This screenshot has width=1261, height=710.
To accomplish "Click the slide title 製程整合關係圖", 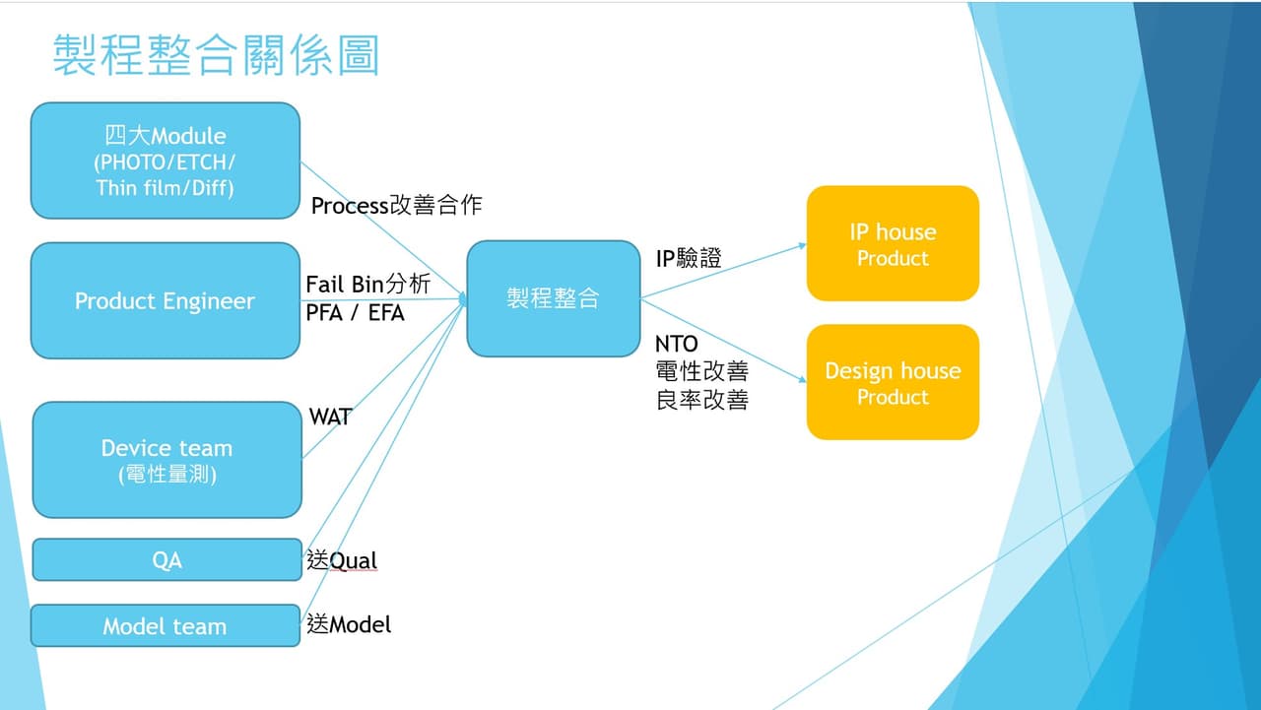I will [216, 55].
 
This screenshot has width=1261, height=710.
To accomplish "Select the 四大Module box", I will [166, 161].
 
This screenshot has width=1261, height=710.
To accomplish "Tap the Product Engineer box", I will [166, 300].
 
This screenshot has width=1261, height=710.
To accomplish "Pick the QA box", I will [166, 560].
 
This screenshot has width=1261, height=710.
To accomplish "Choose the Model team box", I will [165, 626].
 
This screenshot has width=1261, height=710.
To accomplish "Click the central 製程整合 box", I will [553, 298].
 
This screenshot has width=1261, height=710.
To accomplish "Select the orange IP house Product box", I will [893, 243].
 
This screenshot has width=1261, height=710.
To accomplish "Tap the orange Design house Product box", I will [893, 382].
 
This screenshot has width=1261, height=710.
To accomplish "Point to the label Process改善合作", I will [396, 206].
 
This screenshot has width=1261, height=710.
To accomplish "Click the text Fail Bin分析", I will [368, 285].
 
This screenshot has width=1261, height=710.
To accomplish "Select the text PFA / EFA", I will [355, 313].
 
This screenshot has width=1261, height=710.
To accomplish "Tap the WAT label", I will [330, 417].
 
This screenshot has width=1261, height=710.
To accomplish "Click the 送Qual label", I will [342, 561].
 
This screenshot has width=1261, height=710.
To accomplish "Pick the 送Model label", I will [349, 624].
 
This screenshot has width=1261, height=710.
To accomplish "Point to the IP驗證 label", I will [689, 259].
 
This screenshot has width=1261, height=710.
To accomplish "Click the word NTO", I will [676, 344].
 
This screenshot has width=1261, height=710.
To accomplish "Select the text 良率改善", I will [701, 400].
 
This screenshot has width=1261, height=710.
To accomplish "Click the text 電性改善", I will [701, 372].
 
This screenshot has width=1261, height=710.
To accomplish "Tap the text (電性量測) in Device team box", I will [166, 475].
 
